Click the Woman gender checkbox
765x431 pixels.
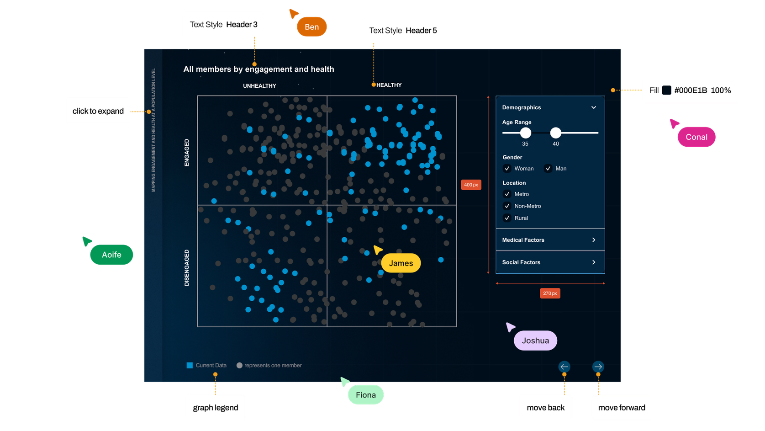507,169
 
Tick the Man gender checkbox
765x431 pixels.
548,169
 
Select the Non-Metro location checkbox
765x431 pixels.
507,206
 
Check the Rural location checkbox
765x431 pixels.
507,218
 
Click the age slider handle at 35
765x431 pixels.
526,133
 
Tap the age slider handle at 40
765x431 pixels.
555,133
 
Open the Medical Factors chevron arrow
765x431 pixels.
594,240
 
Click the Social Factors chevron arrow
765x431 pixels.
594,262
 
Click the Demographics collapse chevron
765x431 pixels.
594,107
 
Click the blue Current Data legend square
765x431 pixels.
190,365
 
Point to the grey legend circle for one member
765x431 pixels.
239,365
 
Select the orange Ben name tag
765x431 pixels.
311,27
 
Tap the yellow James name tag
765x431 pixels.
401,263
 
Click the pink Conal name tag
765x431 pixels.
696,137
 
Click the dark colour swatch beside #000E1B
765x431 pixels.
666,90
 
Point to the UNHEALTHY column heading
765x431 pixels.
259,86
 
